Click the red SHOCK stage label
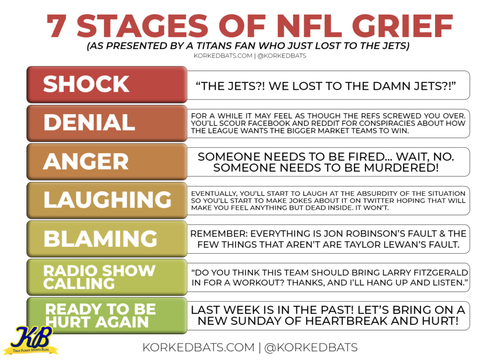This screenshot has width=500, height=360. (107, 84)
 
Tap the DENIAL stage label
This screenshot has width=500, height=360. (107, 123)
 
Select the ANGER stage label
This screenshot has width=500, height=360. (107, 161)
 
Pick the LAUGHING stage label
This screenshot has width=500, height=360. (107, 200)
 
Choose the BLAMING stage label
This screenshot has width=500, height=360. (107, 239)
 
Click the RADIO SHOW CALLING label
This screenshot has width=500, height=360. (107, 277)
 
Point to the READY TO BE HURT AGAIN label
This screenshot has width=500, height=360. (107, 316)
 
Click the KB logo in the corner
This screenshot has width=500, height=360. (31, 340)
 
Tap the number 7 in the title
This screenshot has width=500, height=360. (57, 26)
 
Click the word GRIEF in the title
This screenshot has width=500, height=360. (402, 26)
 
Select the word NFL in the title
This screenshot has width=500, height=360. (309, 26)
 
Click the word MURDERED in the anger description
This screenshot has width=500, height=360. (401, 168)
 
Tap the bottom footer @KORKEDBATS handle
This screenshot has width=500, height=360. (311, 347)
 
